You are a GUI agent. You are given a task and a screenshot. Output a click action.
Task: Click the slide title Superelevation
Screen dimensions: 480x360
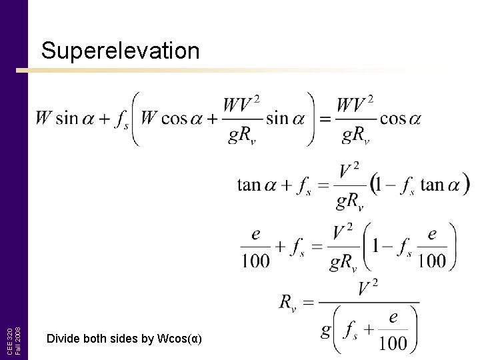120,51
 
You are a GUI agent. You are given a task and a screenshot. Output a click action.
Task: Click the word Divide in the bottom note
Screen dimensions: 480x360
63,339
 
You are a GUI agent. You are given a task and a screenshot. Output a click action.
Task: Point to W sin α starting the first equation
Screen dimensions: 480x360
66,119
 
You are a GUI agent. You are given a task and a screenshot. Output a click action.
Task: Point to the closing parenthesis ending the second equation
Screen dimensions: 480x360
465,183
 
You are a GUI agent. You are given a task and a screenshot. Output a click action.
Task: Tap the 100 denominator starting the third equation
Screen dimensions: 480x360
255,261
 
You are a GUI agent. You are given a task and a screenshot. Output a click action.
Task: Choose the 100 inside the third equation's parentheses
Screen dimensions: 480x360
431,261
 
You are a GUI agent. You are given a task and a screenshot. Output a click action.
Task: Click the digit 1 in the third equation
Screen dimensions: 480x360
377,247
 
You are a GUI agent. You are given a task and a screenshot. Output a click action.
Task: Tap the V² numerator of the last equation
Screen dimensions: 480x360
369,289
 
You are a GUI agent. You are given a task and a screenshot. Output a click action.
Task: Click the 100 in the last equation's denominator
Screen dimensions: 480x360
394,343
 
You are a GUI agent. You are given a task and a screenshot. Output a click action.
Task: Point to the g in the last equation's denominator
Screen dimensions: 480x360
326,330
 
